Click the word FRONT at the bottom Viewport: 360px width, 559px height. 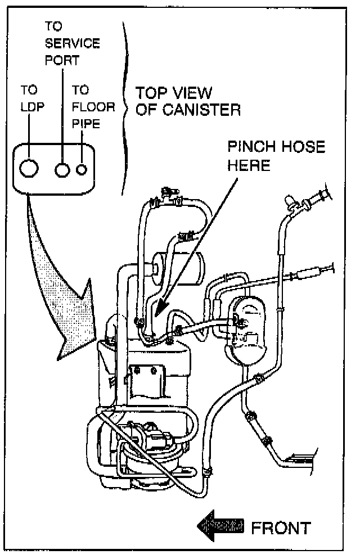coord(280,529)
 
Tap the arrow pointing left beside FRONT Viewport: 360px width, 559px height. coord(220,527)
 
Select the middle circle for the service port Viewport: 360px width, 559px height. coord(62,168)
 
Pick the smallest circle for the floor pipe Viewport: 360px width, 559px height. coord(83,168)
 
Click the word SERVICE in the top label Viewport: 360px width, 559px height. coord(72,43)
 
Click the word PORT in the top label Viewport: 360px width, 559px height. coord(62,60)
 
